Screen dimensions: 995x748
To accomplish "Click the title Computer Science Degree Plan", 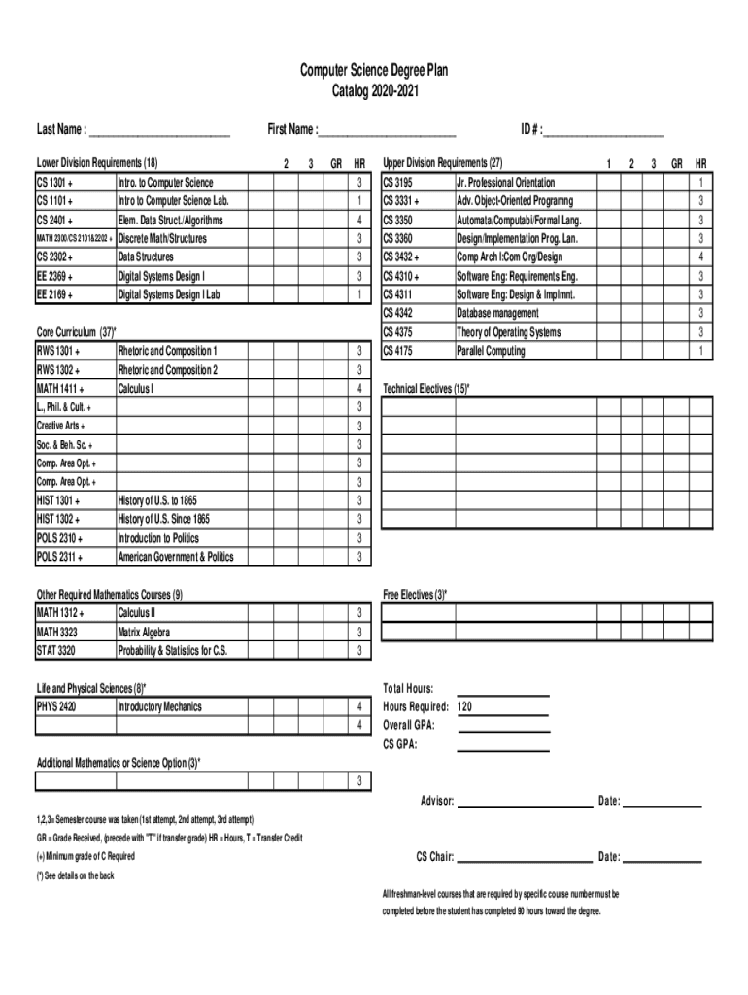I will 373,71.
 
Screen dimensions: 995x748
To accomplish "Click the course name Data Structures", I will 146,257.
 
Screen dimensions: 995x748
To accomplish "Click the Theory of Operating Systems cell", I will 508,332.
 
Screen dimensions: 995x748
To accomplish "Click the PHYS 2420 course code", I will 57,706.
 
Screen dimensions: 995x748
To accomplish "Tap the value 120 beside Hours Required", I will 464,706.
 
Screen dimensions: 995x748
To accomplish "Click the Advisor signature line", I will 525,802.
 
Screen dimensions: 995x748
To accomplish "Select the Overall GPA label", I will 409,725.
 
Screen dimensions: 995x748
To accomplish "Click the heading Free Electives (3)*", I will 415,595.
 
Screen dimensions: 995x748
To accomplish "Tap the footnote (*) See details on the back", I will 76,875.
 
